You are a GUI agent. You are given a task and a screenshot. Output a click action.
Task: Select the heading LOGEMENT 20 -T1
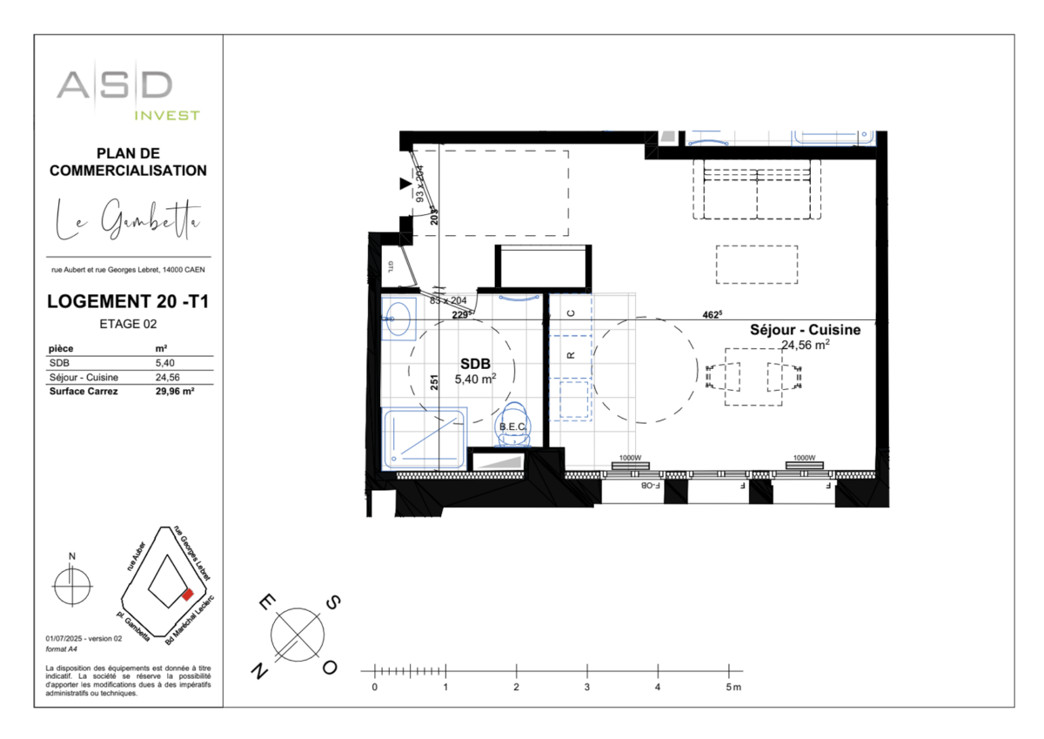pos(128,302)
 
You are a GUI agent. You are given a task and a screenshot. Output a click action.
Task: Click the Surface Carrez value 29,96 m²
pos(174,391)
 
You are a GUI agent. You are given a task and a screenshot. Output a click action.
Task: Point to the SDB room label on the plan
pos(475,366)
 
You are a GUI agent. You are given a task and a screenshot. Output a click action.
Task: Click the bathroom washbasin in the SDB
pos(399,318)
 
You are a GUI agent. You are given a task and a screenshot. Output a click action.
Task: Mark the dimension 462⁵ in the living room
pos(713,315)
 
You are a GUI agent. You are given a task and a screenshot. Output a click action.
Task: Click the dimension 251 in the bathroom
pos(432,383)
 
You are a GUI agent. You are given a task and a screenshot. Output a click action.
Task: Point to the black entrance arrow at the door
pos(405,184)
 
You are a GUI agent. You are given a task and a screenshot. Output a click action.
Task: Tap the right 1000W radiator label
pos(803,458)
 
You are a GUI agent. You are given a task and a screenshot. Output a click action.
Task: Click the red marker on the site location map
pos(186,595)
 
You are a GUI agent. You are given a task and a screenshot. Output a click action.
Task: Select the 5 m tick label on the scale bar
pos(733,688)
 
